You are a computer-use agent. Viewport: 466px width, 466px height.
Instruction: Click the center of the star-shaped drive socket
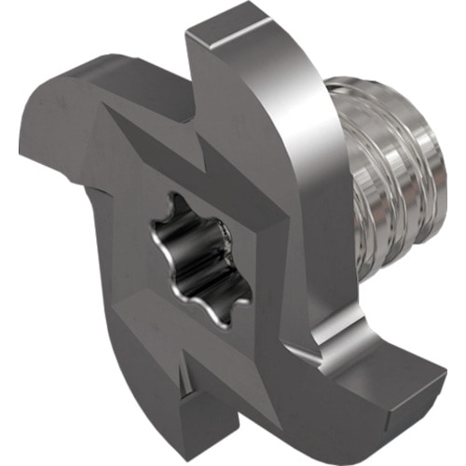[199, 257]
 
